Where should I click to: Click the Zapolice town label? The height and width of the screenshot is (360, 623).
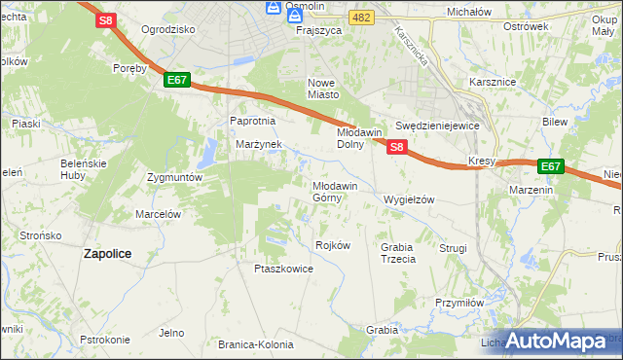[x=108, y=253]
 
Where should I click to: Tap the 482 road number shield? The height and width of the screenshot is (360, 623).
[x=361, y=18]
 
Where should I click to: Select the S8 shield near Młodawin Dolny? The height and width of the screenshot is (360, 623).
[x=396, y=147]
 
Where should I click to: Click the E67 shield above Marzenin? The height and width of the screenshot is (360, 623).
[x=551, y=166]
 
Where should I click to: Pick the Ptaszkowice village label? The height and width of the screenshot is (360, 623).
[x=283, y=269]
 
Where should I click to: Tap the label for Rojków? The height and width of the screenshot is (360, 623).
[x=333, y=245]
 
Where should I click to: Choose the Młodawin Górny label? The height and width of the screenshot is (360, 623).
[x=335, y=191]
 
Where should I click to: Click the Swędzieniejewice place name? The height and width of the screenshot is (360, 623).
[x=438, y=126]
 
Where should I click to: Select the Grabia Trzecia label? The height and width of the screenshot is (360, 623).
[x=398, y=253]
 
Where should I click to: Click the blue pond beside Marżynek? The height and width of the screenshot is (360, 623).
[x=209, y=153]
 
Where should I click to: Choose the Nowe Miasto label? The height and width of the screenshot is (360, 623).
[x=323, y=89]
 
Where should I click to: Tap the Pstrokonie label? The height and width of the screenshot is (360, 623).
[x=105, y=340]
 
